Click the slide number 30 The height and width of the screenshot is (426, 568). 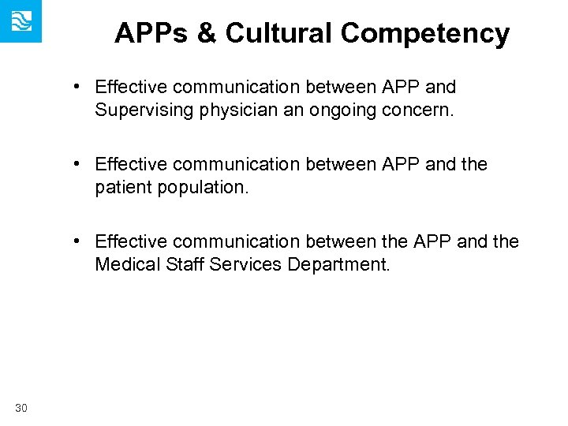(x=21, y=407)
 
